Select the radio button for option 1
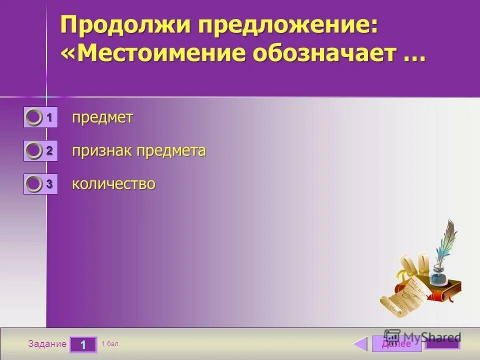[34, 118]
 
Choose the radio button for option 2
[34, 151]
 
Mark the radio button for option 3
[34, 184]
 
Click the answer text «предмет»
[102, 118]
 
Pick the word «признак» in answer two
[101, 151]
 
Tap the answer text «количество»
[113, 184]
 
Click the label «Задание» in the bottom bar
[47, 344]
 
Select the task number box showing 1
[82, 344]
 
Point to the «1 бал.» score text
[110, 344]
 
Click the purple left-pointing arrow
[360, 344]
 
